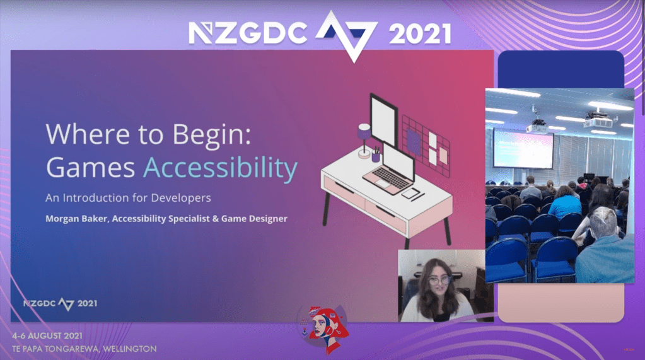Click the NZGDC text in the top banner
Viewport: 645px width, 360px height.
[x=248, y=33]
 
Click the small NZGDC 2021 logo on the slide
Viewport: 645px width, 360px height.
[x=60, y=304]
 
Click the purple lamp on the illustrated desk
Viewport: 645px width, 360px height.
[x=364, y=140]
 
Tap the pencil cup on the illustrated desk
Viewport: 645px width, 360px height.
[x=376, y=155]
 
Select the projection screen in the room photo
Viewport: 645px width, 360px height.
[x=523, y=149]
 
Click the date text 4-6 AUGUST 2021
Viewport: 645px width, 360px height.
[x=47, y=335]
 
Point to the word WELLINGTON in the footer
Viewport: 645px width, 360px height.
[x=130, y=349]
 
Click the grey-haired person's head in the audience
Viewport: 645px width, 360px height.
[x=603, y=222]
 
